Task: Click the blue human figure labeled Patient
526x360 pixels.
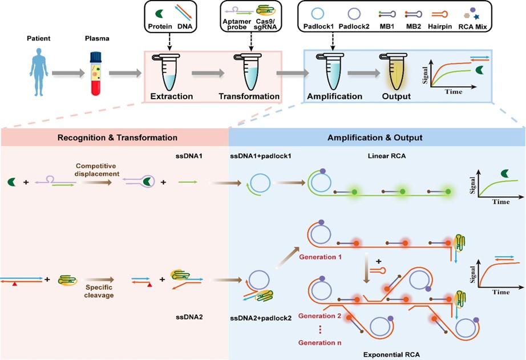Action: (x=39, y=72)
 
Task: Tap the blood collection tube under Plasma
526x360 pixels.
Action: (x=96, y=74)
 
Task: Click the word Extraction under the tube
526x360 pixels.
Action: (x=171, y=96)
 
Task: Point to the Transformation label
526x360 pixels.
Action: (x=249, y=96)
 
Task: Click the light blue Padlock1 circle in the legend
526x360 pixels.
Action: (x=317, y=14)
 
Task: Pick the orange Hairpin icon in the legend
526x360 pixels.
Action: (x=439, y=14)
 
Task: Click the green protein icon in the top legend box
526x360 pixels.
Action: (x=159, y=14)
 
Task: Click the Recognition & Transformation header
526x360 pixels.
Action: (x=118, y=137)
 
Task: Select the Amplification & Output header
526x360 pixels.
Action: (x=375, y=137)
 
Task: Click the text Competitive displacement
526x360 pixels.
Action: (x=97, y=170)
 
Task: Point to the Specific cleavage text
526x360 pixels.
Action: (x=99, y=291)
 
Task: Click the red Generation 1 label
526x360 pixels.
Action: (x=321, y=257)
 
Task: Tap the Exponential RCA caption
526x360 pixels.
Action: (x=391, y=354)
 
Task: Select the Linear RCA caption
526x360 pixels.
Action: (x=387, y=156)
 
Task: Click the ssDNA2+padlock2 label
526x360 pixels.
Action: (x=261, y=318)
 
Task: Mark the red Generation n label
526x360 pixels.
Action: (x=319, y=342)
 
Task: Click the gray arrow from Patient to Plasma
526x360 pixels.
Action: (x=68, y=73)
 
